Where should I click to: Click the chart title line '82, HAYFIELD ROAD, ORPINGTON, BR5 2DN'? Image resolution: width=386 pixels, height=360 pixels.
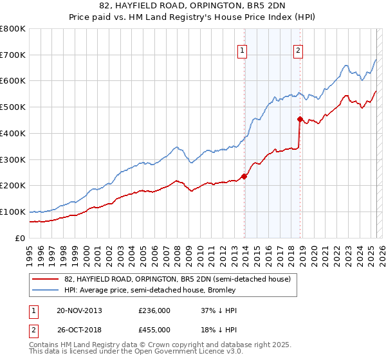(x=192, y=6)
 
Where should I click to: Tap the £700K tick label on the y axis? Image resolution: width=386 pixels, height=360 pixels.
(x=13, y=55)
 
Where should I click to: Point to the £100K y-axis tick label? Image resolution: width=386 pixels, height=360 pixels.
(x=13, y=212)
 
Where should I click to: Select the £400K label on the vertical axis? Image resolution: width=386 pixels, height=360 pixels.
(x=13, y=133)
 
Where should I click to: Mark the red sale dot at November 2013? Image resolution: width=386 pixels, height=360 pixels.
(x=244, y=176)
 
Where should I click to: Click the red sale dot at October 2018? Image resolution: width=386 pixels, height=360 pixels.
(x=300, y=119)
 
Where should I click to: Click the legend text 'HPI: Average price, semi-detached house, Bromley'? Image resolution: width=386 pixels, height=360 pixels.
(x=150, y=290)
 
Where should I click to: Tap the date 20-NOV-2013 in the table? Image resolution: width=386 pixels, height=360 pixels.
(x=79, y=310)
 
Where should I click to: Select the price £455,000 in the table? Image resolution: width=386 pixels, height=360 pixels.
(x=154, y=329)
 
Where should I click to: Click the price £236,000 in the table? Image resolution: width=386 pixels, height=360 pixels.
(x=154, y=310)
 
